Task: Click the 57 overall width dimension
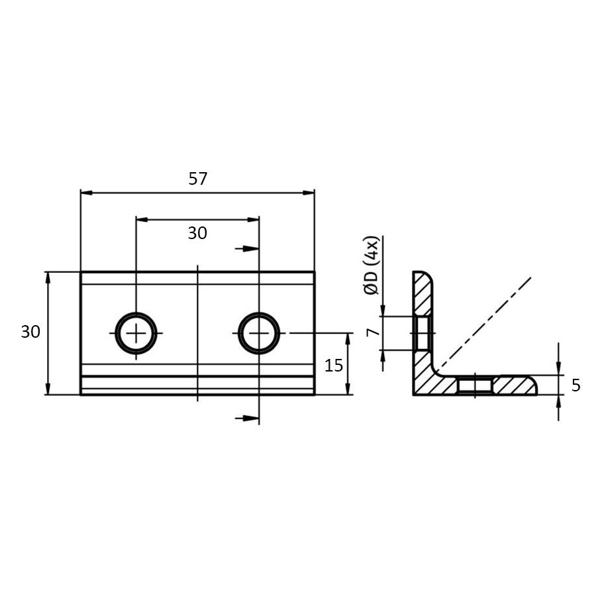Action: pos(198,179)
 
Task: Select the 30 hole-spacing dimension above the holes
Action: pos(197,233)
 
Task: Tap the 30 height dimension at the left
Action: pos(30,332)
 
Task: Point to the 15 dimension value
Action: pos(334,365)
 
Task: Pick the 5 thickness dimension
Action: pos(575,385)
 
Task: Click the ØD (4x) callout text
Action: pos(373,265)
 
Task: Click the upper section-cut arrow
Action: pos(246,248)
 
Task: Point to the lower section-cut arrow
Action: pos(246,418)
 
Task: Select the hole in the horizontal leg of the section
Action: pos(475,385)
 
